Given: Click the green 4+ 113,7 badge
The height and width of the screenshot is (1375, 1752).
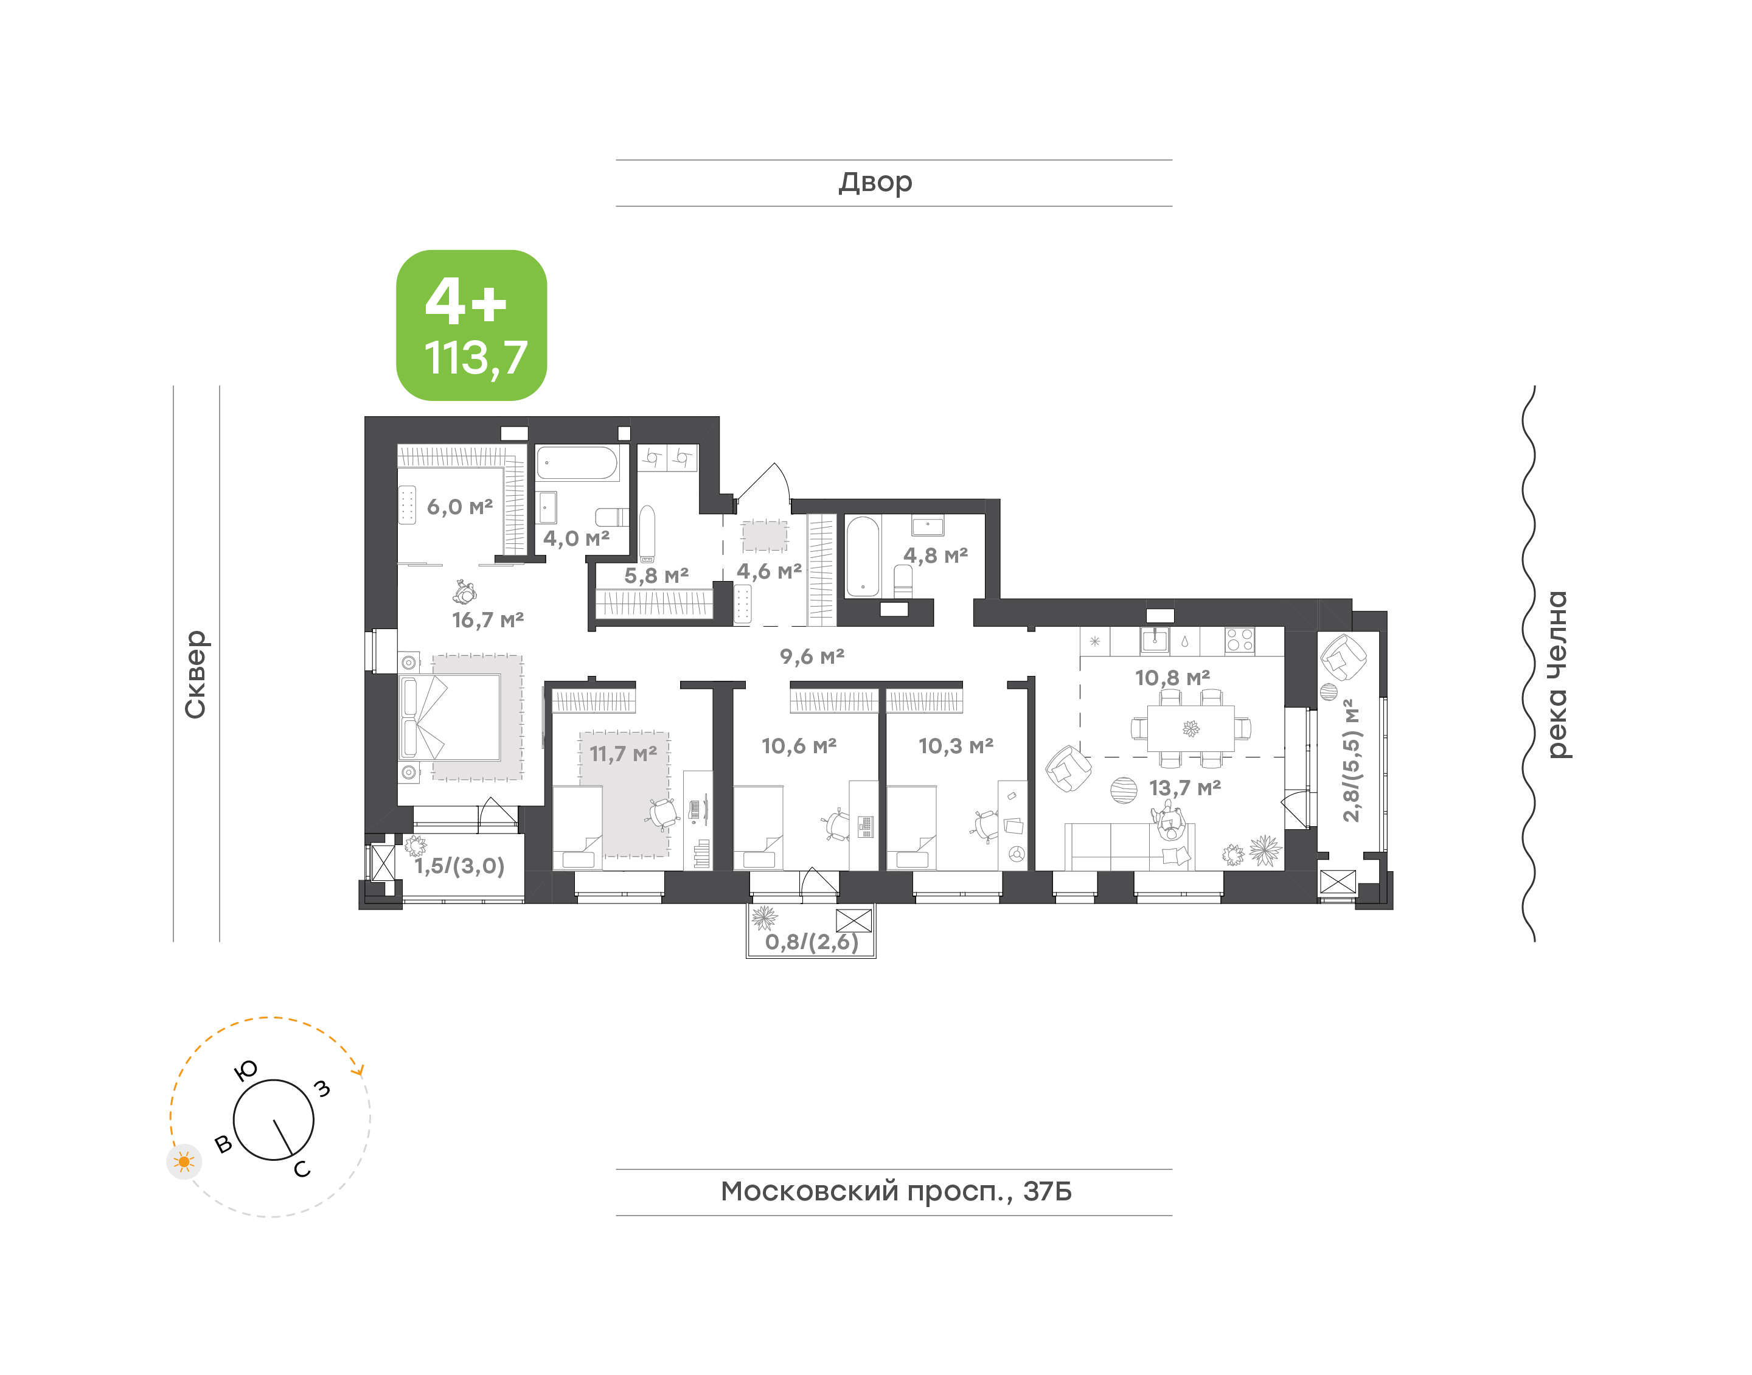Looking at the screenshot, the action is click(x=471, y=325).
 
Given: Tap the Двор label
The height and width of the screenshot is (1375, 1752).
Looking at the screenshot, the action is click(x=875, y=183).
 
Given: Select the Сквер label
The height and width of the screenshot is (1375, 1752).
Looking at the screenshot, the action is click(x=195, y=675).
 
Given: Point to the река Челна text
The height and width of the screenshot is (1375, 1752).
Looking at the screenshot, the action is click(x=1557, y=675).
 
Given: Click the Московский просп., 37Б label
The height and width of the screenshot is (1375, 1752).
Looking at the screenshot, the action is click(x=895, y=1191).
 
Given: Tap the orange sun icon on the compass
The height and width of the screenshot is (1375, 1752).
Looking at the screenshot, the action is click(x=184, y=1161).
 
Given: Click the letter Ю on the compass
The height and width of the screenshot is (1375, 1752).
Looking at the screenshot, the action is click(x=245, y=1070).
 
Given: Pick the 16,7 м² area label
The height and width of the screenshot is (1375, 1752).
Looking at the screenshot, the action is click(x=488, y=620).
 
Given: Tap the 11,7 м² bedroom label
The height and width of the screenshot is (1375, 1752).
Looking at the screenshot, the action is click(x=623, y=754).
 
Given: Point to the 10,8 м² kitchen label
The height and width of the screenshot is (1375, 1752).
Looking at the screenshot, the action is click(x=1172, y=678).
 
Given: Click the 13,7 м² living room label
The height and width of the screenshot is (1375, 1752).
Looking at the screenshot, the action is click(x=1184, y=787).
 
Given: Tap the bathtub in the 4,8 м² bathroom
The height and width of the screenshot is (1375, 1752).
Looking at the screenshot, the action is click(x=863, y=556).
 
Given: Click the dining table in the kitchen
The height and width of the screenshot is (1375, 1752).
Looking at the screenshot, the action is click(x=1191, y=728).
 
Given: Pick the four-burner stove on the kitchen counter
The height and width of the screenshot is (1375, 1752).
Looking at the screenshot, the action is click(x=1239, y=640).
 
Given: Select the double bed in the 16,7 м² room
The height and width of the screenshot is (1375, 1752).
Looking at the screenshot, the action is click(x=451, y=717).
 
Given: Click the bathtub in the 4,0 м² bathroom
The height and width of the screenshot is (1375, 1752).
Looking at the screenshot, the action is click(x=577, y=464).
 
